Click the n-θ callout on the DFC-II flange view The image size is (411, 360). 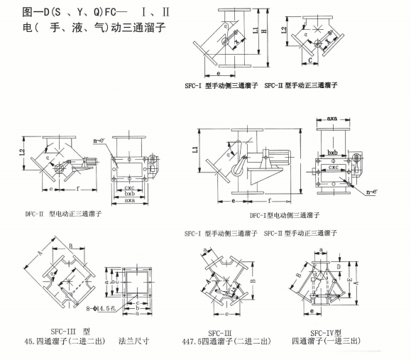[x=102, y=142]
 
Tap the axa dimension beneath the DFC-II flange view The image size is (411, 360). [x=129, y=200]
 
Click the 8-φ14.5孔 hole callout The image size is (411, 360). [x=99, y=309]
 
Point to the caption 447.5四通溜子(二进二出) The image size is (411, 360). [x=226, y=342]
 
